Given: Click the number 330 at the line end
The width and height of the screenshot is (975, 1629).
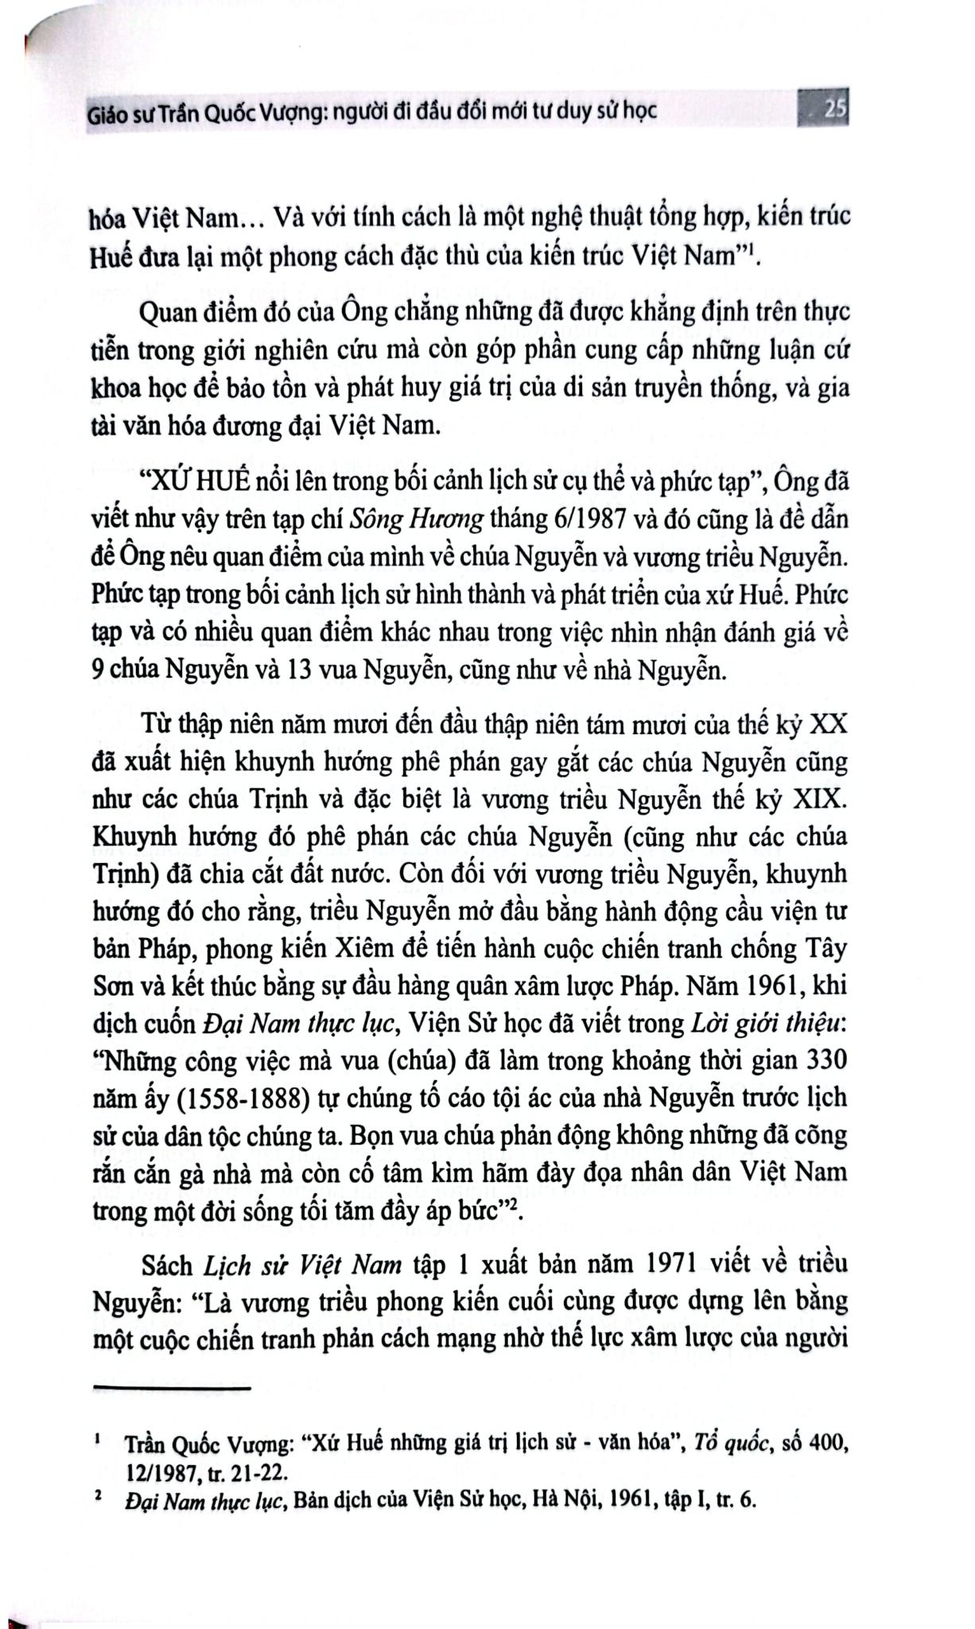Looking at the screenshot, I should [x=825, y=1059].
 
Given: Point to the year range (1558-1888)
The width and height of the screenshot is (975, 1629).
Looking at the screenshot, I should [x=236, y=1097].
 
